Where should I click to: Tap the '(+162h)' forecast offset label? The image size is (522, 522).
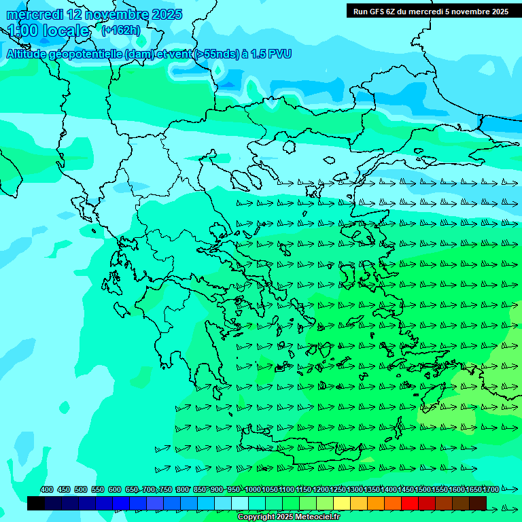click(121, 31)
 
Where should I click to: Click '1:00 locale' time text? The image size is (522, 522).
click(49, 31)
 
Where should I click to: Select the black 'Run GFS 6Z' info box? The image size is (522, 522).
click(431, 11)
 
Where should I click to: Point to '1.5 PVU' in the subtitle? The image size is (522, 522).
click(271, 54)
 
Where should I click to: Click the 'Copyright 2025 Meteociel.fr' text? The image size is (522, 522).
click(288, 517)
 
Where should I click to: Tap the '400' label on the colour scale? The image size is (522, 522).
click(47, 489)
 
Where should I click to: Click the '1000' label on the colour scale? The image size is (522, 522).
click(252, 489)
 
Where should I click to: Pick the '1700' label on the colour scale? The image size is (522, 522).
click(490, 489)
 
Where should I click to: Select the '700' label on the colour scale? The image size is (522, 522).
click(150, 489)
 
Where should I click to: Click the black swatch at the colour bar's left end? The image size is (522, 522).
click(36, 503)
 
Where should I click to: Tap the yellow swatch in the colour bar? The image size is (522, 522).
click(342, 503)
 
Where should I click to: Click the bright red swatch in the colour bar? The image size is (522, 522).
click(410, 503)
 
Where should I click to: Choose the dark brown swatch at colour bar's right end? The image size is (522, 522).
click(478, 503)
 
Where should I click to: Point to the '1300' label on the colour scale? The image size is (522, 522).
click(354, 489)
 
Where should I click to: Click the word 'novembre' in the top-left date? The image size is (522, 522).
click(107, 15)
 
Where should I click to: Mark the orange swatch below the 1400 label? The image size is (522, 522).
click(376, 503)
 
